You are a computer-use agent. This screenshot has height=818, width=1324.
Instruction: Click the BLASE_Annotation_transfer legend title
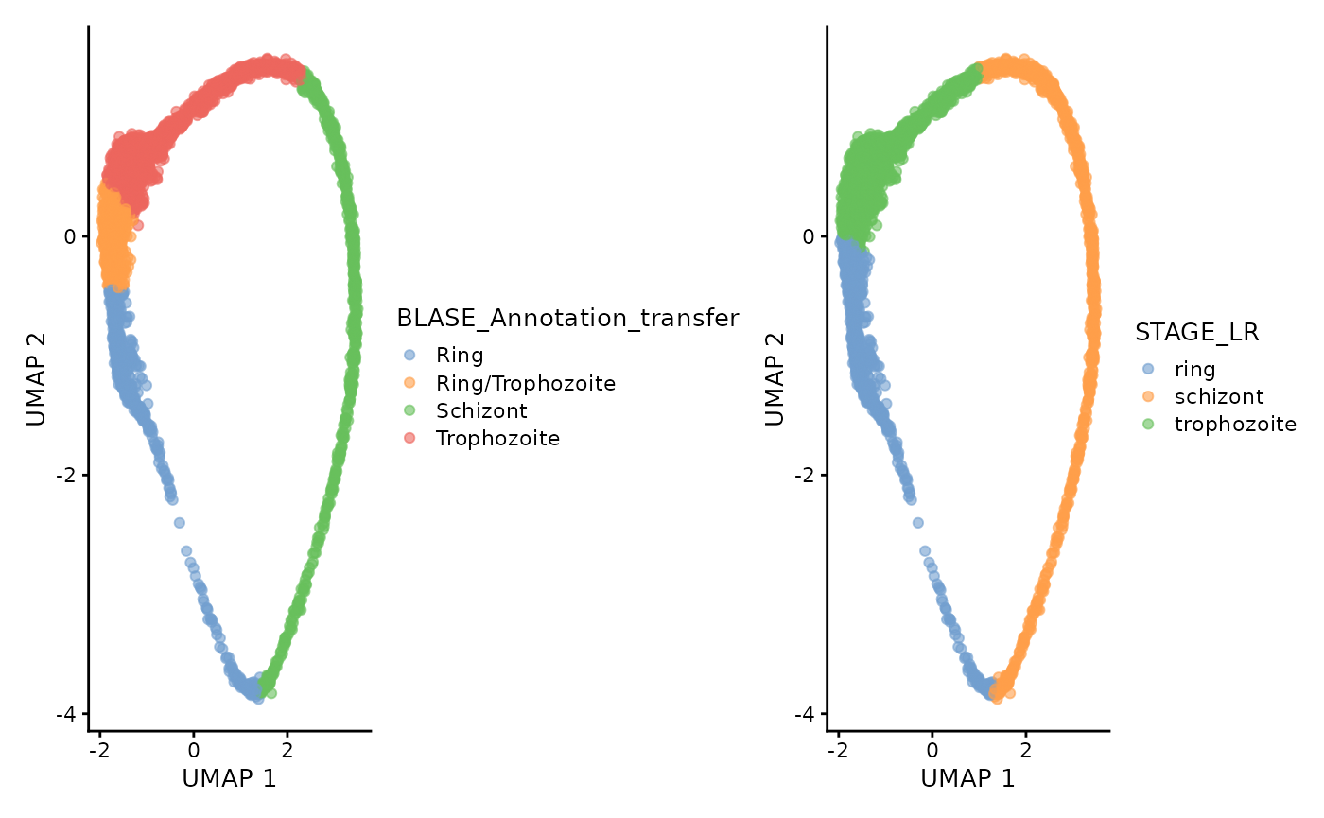567,319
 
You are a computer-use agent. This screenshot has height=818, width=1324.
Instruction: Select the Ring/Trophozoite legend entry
525,383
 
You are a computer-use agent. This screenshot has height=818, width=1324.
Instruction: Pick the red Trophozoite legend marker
409,438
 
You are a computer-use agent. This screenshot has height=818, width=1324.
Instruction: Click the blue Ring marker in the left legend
409,356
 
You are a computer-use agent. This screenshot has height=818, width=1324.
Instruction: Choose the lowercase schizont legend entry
1219,396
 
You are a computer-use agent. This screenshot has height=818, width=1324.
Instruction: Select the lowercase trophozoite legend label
1235,424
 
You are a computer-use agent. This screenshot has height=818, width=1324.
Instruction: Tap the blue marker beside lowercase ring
1148,369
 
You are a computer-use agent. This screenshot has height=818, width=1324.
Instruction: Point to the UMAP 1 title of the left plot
230,778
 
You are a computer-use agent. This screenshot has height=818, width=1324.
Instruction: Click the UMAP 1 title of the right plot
968,778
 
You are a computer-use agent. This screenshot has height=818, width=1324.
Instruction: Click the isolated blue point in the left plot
179,522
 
